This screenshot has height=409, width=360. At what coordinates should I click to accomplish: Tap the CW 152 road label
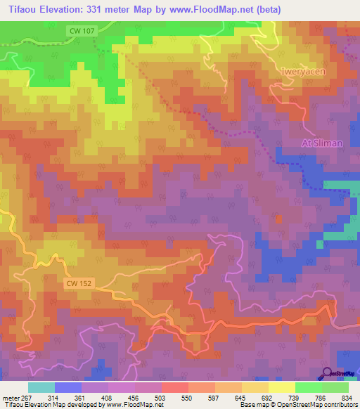click(81, 283)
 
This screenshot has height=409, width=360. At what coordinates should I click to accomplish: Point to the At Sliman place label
click(322, 143)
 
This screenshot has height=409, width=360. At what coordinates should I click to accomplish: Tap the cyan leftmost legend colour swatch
click(41, 387)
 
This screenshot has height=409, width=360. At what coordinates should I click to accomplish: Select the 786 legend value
click(320, 397)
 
